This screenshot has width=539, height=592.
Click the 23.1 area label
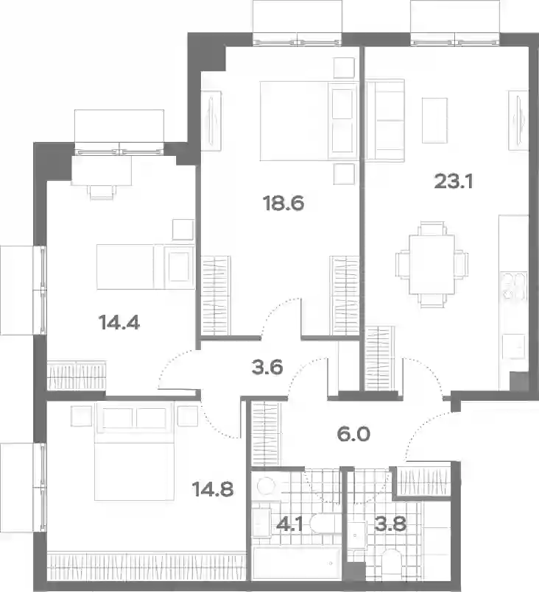pyautogui.click(x=454, y=182)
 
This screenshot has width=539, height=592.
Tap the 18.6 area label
pyautogui.click(x=283, y=204)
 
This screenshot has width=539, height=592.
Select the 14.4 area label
pyautogui.click(x=119, y=323)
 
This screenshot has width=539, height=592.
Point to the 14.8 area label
pyautogui.click(x=213, y=490)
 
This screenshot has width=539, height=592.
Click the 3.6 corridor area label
pyautogui.click(x=267, y=368)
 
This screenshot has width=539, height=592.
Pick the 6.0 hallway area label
pyautogui.click(x=353, y=434)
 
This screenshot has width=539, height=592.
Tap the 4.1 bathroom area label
pyautogui.click(x=289, y=524)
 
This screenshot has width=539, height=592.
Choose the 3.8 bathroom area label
pyautogui.click(x=390, y=524)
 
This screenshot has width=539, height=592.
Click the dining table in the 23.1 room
pyautogui.click(x=432, y=265)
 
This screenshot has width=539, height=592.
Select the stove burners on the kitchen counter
pyautogui.click(x=514, y=286)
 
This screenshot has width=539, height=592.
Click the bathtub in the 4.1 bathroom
pyautogui.click(x=297, y=563)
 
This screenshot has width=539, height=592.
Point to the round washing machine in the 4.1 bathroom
pyautogui.click(x=266, y=485)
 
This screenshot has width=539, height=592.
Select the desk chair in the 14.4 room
pyautogui.click(x=102, y=193)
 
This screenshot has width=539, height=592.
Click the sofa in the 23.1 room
pyautogui.click(x=385, y=121)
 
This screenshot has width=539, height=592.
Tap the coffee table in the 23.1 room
pyautogui.click(x=434, y=121)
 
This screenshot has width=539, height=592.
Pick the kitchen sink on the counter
pyautogui.click(x=514, y=346)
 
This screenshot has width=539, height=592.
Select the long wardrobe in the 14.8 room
pyautogui.click(x=147, y=566)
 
